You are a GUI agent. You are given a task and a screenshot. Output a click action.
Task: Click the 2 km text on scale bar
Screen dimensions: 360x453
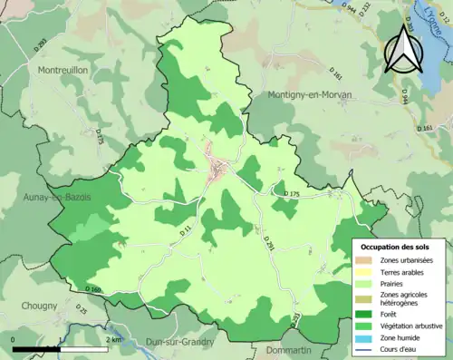coord(112,339)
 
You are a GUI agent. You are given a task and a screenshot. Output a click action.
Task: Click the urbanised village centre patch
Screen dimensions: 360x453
coord(217,168)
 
